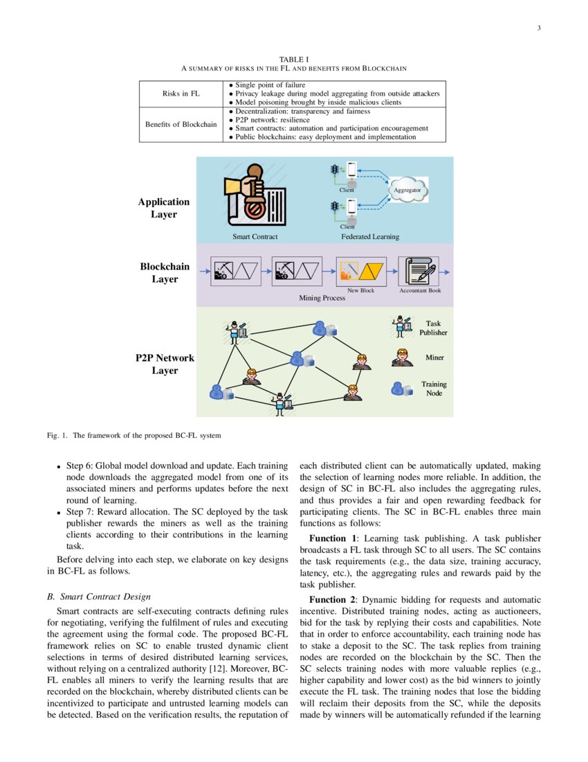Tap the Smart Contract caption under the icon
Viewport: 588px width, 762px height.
(255, 237)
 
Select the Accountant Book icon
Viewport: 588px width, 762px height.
(419, 272)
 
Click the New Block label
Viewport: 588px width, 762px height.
(360, 291)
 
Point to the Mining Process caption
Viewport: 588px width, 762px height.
(322, 299)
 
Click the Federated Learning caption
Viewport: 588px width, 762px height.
(370, 237)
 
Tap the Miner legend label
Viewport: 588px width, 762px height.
(434, 358)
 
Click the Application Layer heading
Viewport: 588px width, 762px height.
(163, 208)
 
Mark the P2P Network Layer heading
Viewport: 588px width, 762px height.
(165, 364)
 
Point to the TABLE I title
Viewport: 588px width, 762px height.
(293, 60)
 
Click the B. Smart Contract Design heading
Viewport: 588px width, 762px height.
(98, 596)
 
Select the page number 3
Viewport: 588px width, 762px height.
(538, 28)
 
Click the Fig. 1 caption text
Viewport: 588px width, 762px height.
(134, 436)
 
